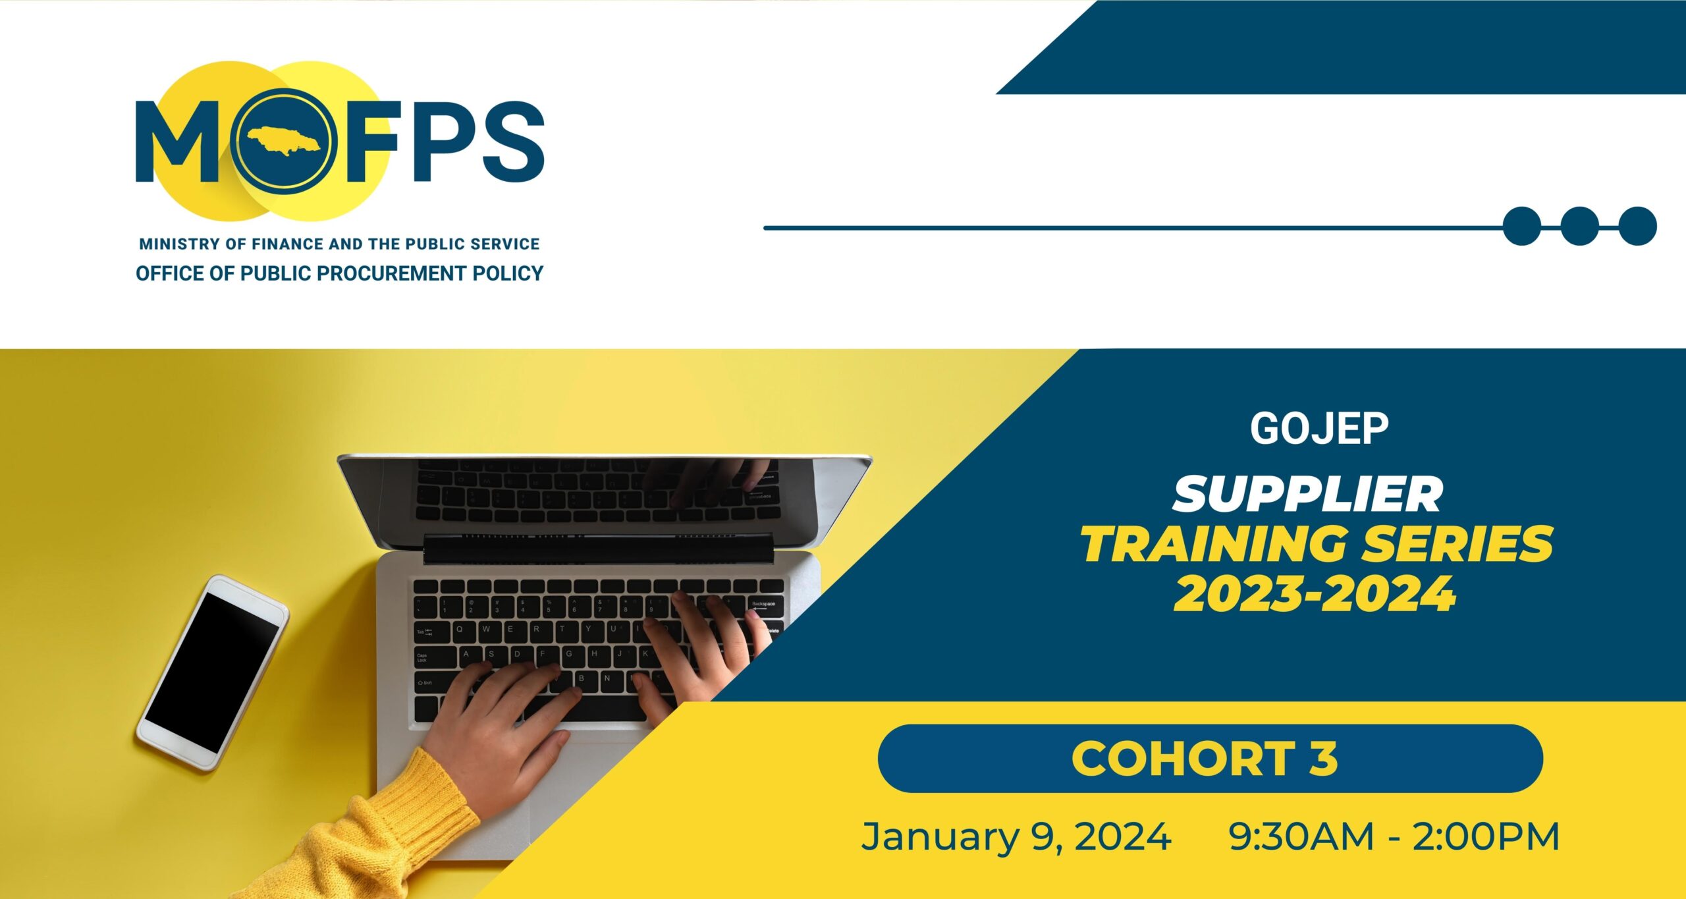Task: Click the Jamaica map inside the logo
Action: point(284,141)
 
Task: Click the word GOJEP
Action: point(1319,429)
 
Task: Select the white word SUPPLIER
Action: point(1308,495)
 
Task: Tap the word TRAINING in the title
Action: point(1214,544)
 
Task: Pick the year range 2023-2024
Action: point(1315,594)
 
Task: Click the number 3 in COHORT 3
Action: point(1323,758)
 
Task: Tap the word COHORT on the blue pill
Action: point(1182,758)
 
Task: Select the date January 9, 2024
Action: point(1016,836)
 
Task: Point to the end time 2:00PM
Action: point(1486,836)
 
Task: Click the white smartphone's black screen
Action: point(213,672)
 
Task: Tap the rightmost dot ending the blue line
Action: point(1637,226)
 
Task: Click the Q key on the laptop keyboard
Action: point(460,630)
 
